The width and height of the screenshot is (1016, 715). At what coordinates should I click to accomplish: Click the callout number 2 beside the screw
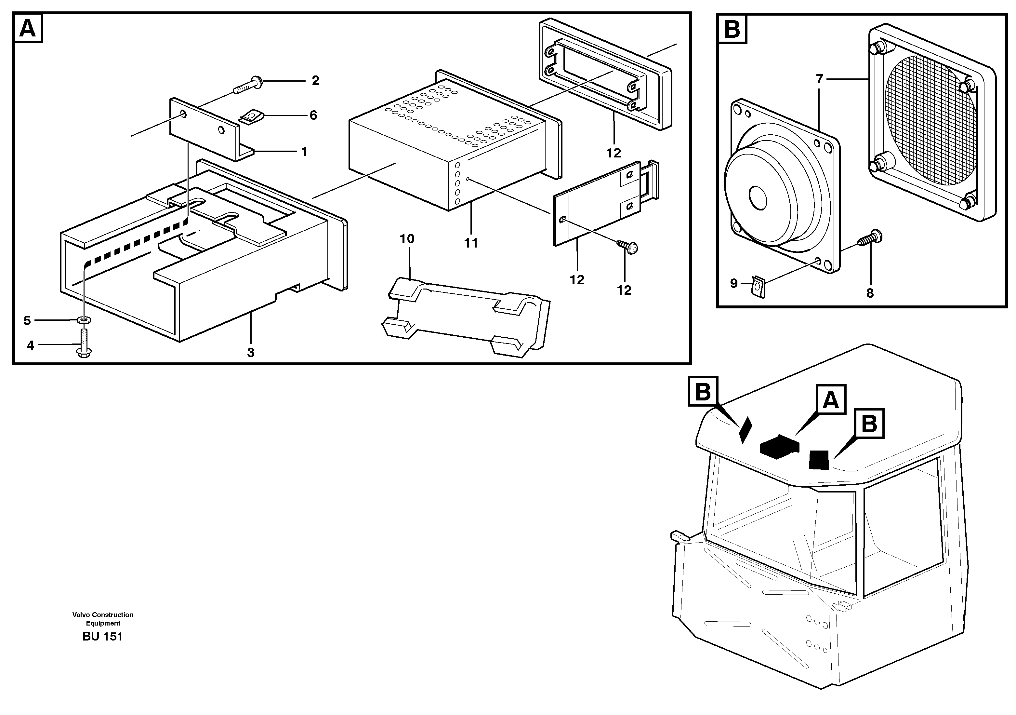(315, 81)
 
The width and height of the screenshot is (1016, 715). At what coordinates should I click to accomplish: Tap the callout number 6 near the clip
(313, 115)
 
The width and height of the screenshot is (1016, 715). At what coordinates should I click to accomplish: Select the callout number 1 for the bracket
(304, 152)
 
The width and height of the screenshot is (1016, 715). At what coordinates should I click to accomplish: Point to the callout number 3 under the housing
(250, 353)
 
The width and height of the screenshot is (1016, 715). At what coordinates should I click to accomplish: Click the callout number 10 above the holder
(407, 239)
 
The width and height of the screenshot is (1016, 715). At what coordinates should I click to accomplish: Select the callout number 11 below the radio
(471, 243)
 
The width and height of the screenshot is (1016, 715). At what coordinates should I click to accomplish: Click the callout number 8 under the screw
(870, 293)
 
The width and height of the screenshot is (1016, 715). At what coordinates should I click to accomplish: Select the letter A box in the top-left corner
(28, 29)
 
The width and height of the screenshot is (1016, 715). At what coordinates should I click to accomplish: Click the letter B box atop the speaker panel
(732, 30)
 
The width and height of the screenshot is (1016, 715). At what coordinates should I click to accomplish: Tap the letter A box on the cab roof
(831, 400)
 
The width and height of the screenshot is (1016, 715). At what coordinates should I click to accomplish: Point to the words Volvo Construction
(103, 614)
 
